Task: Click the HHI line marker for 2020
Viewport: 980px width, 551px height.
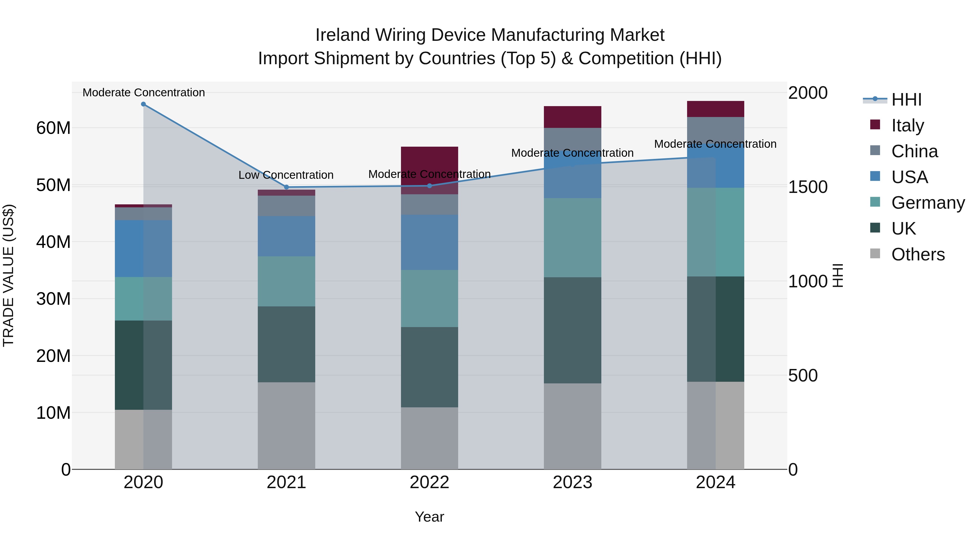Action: [x=143, y=104]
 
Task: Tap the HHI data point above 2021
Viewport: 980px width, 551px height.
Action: [x=286, y=187]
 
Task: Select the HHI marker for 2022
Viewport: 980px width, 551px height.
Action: [x=430, y=186]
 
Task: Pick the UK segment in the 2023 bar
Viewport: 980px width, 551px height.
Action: [x=572, y=330]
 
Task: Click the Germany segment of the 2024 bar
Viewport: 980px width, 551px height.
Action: [x=716, y=232]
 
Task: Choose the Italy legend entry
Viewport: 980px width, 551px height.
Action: [x=907, y=125]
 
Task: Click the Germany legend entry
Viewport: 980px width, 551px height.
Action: [x=928, y=203]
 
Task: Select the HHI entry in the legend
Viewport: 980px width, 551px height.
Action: [x=906, y=100]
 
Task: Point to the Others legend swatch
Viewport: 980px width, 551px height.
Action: [x=875, y=254]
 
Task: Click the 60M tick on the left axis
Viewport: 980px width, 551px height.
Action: [x=53, y=128]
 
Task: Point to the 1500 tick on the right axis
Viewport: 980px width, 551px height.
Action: [x=808, y=187]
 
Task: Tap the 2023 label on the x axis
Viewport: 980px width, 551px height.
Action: [x=572, y=482]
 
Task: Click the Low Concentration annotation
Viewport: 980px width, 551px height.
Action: [x=286, y=175]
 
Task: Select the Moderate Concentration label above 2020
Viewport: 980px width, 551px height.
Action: [x=143, y=93]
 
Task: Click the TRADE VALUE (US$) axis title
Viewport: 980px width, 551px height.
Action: [x=8, y=275]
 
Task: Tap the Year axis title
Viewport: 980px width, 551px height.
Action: [x=430, y=517]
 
